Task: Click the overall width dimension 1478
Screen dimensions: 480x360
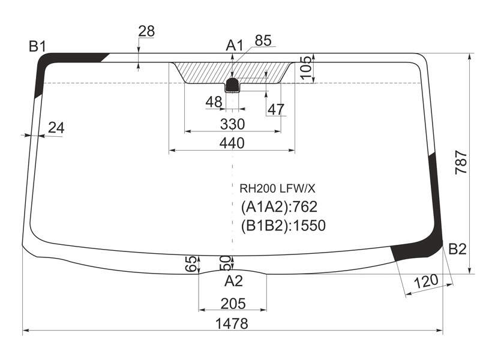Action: coord(232,323)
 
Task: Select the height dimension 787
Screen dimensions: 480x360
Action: coord(461,163)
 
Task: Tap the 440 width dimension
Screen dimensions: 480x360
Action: coord(232,143)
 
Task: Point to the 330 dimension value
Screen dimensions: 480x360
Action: coord(233,124)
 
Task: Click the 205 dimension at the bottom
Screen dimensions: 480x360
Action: coord(233,304)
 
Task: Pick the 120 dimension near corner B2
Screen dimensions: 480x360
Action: coord(426,281)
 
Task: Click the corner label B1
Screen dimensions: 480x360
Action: coord(37,47)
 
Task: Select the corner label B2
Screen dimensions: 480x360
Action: coord(457,249)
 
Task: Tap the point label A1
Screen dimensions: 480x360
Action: coord(234,46)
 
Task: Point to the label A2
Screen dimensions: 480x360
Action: coord(233,281)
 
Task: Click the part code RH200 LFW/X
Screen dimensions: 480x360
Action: coord(277,189)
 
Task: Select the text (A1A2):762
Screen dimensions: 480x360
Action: coord(279,207)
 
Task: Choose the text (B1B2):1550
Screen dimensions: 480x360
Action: coord(283,226)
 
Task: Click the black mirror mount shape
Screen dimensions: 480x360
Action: coord(232,85)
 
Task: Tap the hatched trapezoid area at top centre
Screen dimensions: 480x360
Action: coord(232,73)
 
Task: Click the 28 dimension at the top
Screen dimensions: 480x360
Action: coord(146,31)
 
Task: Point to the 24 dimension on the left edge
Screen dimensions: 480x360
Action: coord(56,128)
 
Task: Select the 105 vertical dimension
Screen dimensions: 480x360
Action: coord(306,68)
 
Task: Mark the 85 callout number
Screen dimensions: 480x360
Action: coord(263,40)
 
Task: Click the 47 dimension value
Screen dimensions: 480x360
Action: coord(276,109)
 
